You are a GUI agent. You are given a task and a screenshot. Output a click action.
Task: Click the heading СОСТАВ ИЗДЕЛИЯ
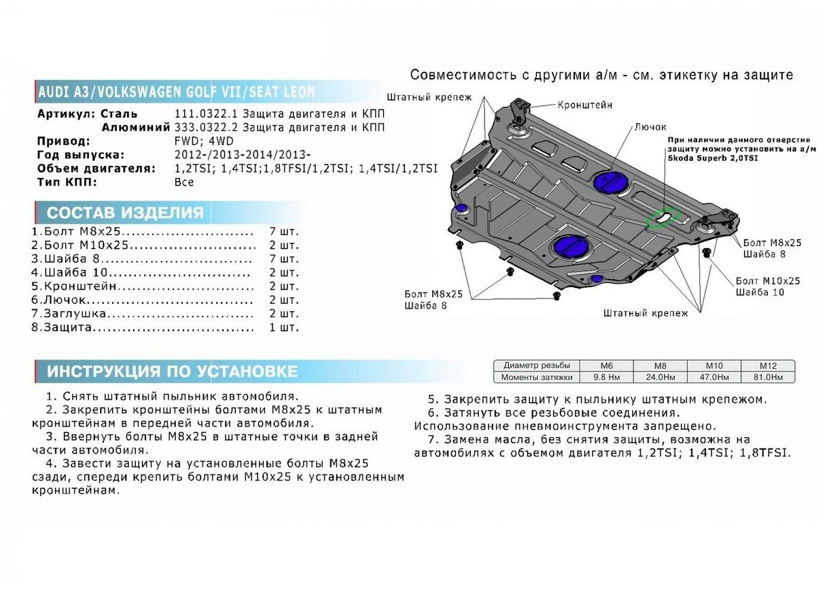point(125,212)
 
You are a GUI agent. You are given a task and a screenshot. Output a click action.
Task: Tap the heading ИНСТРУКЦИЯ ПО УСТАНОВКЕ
point(172,371)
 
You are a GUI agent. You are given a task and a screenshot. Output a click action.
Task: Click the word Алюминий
point(136,127)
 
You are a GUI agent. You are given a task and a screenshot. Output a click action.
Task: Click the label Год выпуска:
point(81,155)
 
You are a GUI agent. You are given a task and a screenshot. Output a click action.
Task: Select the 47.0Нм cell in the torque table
point(714,377)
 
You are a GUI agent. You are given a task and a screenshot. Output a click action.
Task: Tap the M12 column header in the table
point(768,366)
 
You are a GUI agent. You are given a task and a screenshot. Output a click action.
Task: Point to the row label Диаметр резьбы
point(532,366)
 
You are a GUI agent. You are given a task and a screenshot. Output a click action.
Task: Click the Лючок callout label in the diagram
point(650,127)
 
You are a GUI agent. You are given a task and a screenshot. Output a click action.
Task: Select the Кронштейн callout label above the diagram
point(585,105)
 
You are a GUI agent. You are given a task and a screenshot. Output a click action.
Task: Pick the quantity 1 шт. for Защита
point(284,328)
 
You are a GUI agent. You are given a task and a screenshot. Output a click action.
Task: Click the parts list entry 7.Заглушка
point(69,313)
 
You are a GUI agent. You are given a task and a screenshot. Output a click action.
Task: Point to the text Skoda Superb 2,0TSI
point(710,158)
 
